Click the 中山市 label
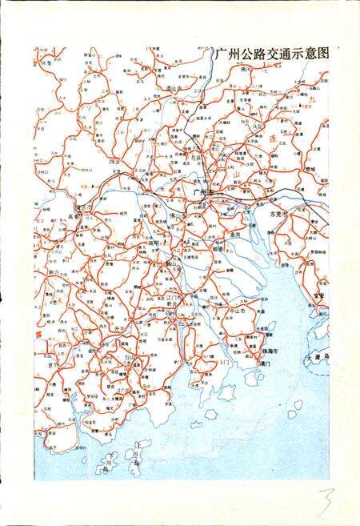[x=235, y=308]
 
